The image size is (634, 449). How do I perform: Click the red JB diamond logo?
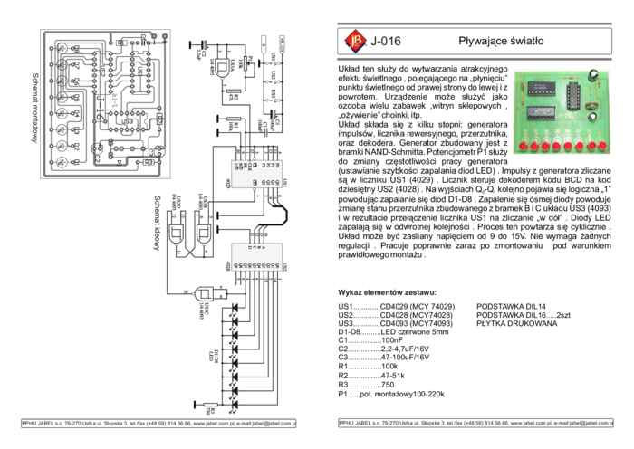[354, 40]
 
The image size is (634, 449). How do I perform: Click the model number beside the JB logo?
[387, 41]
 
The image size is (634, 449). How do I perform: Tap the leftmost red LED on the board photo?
[524, 145]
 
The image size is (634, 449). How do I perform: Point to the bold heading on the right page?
[388, 293]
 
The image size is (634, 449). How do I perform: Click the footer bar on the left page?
[158, 423]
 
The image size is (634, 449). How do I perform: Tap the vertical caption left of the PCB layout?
[34, 109]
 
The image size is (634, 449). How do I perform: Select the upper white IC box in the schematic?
[256, 172]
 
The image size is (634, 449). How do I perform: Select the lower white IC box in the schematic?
[256, 256]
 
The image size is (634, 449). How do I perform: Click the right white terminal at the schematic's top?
[282, 43]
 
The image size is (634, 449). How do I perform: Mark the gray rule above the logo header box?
[474, 23]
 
